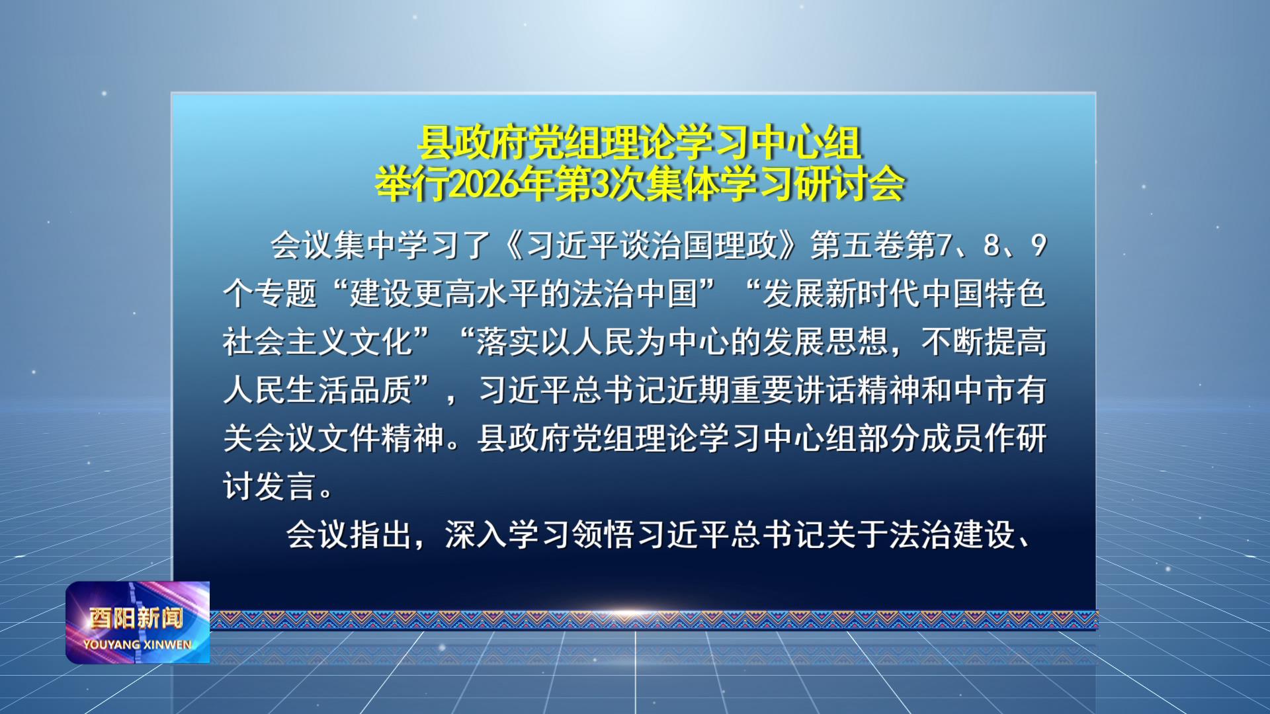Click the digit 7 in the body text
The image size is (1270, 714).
(944, 245)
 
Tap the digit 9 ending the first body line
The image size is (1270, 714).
(1038, 245)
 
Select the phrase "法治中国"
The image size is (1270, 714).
(636, 294)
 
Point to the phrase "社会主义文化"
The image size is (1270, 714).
(318, 342)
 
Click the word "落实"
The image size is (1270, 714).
(508, 342)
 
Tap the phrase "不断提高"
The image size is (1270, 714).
(984, 342)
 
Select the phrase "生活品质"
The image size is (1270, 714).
(350, 390)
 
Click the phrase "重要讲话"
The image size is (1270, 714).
(794, 390)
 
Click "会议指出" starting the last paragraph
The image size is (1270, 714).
(349, 534)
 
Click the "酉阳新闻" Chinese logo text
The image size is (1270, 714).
(136, 618)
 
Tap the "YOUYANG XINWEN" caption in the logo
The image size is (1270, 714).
(137, 644)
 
